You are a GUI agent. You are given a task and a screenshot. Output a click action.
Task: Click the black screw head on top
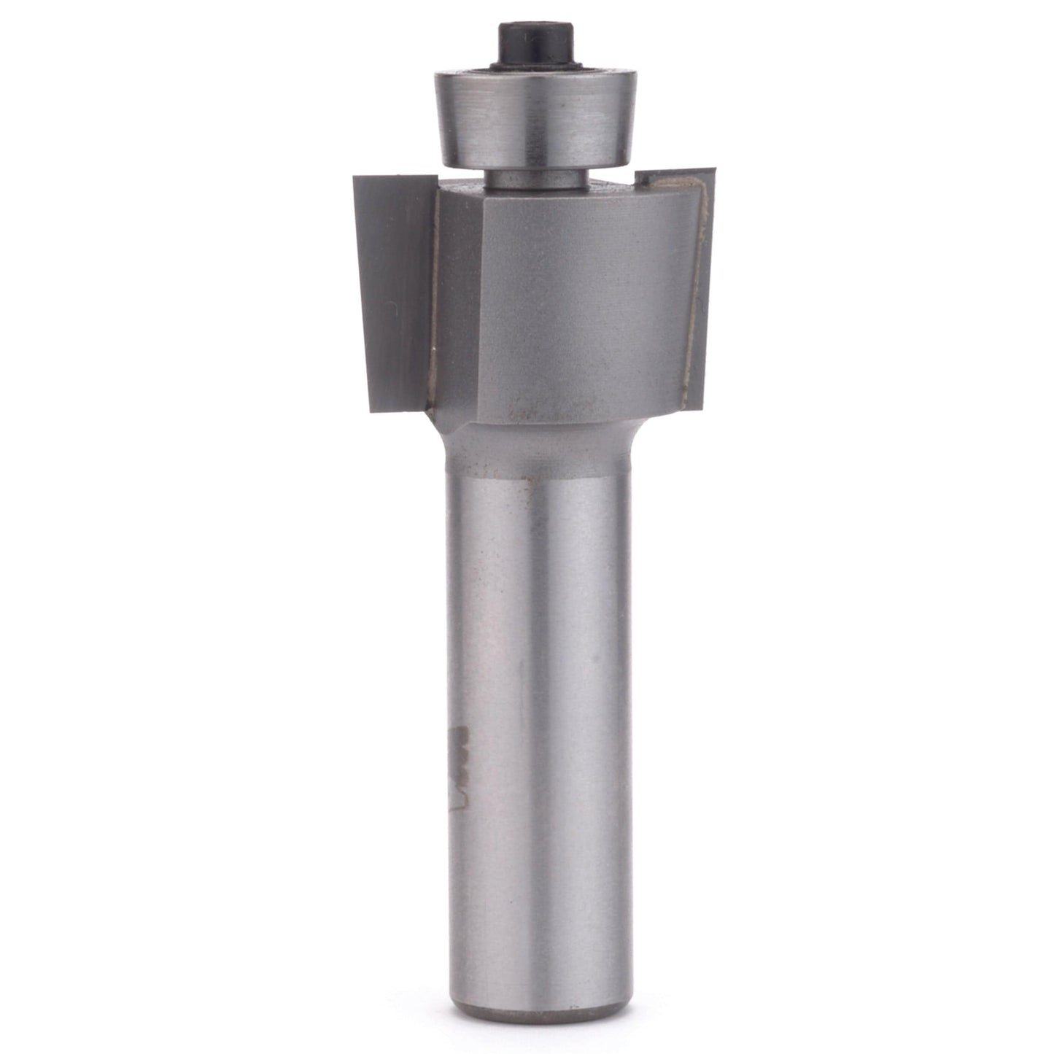[x=522, y=44]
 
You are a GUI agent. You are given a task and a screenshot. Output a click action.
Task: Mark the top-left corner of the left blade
[x=356, y=177]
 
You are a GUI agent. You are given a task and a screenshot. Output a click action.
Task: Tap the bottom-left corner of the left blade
[x=372, y=410]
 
